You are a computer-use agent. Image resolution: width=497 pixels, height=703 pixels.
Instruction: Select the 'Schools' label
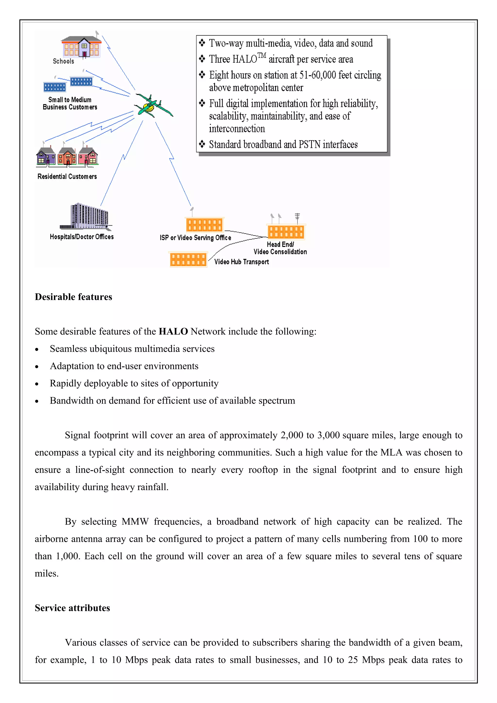point(63,61)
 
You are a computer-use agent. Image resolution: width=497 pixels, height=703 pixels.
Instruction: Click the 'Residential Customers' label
point(67,176)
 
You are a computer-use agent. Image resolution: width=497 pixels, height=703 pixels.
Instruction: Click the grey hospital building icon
point(86,216)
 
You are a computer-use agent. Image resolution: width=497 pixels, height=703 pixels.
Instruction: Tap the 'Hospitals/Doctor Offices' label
point(82,237)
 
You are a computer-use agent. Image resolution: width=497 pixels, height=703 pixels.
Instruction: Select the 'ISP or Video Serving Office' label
point(195,237)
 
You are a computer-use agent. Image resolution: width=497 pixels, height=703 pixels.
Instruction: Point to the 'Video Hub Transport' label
point(242,262)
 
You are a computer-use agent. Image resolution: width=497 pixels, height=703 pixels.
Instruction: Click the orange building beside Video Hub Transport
point(188,259)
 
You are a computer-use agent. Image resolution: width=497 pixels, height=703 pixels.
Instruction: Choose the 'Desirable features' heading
point(74,297)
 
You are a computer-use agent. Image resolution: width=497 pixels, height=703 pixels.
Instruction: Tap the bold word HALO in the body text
point(173,331)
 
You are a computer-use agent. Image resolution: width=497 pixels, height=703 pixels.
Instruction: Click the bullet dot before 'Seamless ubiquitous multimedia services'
point(37,349)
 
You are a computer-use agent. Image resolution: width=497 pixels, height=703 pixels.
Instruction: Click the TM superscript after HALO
point(262,55)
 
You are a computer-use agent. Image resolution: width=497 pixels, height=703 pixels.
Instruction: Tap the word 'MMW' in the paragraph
point(135,522)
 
